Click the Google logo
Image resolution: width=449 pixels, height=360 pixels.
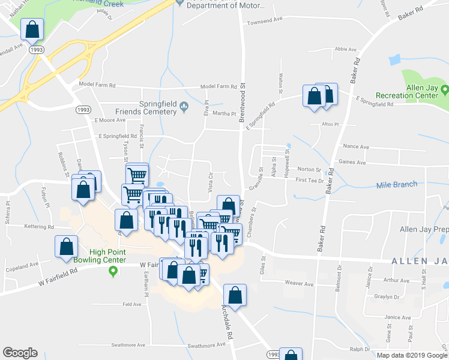(20, 353)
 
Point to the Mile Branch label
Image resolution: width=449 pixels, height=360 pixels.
(396, 184)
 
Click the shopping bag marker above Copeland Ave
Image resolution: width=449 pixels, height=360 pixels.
(66, 246)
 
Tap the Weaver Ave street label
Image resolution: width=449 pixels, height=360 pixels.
(299, 283)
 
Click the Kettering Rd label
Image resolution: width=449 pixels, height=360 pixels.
(39, 227)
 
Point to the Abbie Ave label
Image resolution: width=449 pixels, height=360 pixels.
(346, 49)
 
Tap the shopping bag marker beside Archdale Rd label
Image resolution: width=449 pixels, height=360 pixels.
(235, 295)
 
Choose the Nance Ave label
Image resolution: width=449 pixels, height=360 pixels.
(355, 146)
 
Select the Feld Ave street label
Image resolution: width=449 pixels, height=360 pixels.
(131, 304)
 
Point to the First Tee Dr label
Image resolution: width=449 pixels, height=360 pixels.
(309, 180)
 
